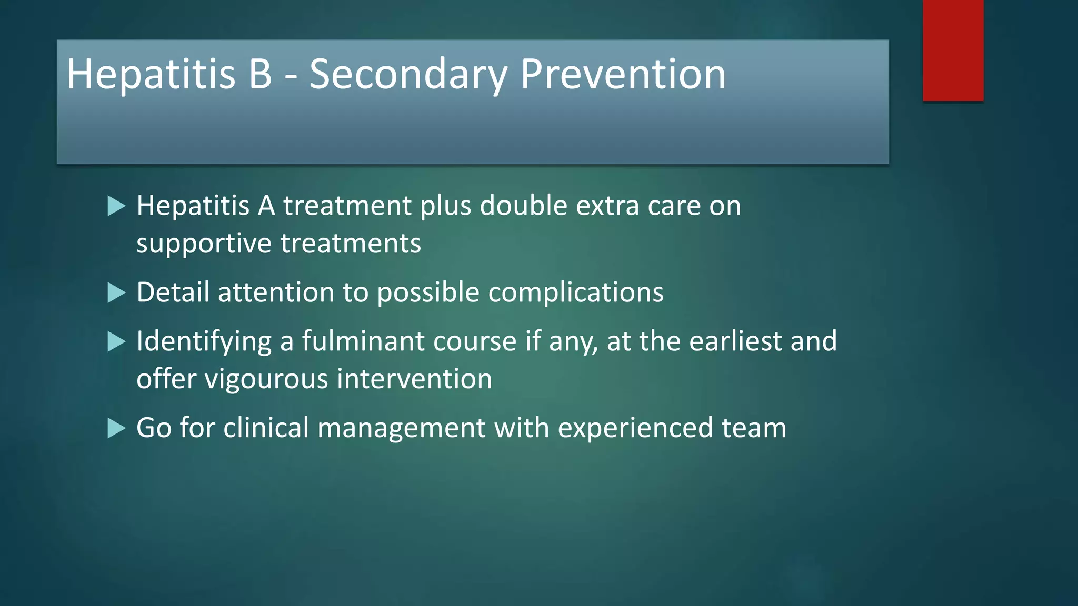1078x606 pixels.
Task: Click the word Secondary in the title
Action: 408,74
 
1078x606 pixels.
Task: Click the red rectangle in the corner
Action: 953,50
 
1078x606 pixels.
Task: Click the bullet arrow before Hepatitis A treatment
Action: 116,206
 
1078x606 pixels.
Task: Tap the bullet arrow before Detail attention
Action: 116,293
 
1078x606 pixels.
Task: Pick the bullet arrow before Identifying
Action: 116,342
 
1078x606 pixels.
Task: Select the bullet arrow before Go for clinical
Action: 116,428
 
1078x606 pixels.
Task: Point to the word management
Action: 401,428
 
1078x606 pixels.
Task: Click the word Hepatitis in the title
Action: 151,74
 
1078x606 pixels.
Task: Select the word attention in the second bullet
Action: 276,292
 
